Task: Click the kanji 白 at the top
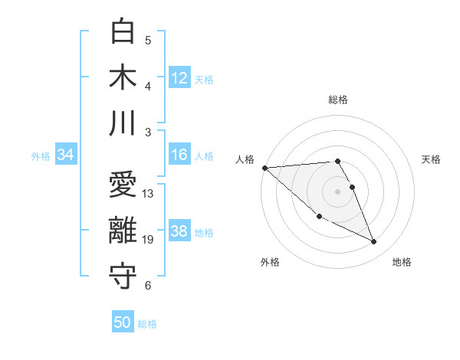tap(123, 33)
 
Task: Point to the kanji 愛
tap(123, 185)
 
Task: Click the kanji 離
tap(123, 231)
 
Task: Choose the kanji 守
tap(123, 277)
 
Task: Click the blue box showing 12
tap(179, 77)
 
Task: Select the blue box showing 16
tap(179, 155)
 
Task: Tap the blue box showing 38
tap(179, 232)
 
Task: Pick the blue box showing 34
tap(66, 155)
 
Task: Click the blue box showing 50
tap(123, 322)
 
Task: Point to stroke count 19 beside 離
tap(148, 241)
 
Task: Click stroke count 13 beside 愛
tap(148, 194)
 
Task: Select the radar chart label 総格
tap(338, 100)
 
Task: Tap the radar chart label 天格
tap(431, 159)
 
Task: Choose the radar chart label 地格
tap(402, 262)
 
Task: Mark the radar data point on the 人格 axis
tap(264, 167)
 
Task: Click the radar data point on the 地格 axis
tap(374, 242)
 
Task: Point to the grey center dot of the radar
tap(338, 191)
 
